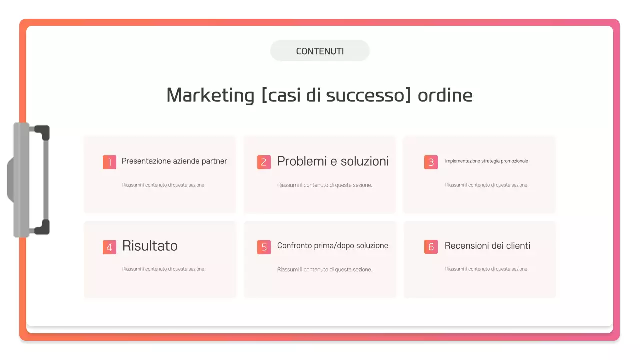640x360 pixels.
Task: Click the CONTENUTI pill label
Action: pyautogui.click(x=320, y=51)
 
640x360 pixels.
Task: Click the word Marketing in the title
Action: pyautogui.click(x=210, y=95)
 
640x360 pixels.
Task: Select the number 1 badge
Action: pyautogui.click(x=109, y=162)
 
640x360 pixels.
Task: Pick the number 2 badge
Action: pyautogui.click(x=264, y=162)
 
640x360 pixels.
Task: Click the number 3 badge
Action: pyautogui.click(x=431, y=162)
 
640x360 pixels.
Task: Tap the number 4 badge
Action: pyautogui.click(x=109, y=247)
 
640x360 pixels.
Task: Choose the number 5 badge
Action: pyautogui.click(x=264, y=247)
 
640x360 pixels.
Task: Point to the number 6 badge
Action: pyautogui.click(x=431, y=247)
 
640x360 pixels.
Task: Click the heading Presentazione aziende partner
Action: pyautogui.click(x=174, y=161)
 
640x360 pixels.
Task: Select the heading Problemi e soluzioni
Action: pyautogui.click(x=333, y=161)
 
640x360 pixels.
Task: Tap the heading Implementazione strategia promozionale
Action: pyautogui.click(x=486, y=161)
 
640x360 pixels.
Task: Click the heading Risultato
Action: pyautogui.click(x=150, y=246)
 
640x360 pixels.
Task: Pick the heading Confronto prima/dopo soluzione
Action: pyautogui.click(x=333, y=246)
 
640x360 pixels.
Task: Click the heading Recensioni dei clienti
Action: pyautogui.click(x=487, y=246)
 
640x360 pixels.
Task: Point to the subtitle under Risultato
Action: pyautogui.click(x=164, y=269)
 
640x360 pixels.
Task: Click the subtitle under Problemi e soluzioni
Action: pyautogui.click(x=325, y=185)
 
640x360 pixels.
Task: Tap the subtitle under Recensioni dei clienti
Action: pyautogui.click(x=487, y=269)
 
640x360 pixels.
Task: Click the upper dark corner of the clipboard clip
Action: pyautogui.click(x=43, y=131)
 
